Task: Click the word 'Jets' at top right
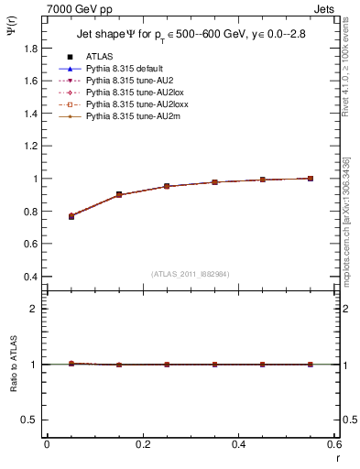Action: pos(325,7)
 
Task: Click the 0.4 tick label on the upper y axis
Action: pos(33,277)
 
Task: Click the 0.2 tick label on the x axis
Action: pos(142,444)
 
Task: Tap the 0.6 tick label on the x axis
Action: pos(333,444)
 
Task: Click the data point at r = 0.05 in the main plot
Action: pos(71,216)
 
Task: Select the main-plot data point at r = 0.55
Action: pos(310,179)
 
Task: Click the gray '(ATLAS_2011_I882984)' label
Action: pos(191,273)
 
